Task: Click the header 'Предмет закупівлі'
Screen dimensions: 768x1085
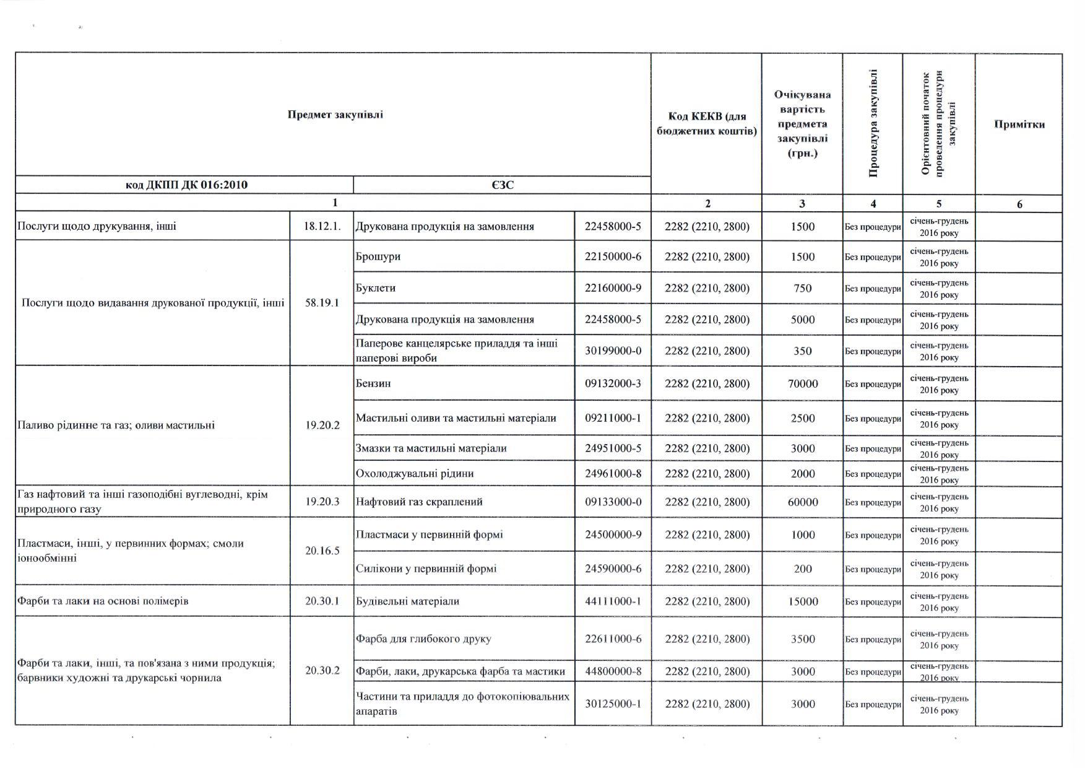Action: (335, 115)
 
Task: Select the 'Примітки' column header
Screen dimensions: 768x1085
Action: (1019, 124)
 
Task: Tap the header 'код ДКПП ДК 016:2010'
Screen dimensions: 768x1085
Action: (186, 185)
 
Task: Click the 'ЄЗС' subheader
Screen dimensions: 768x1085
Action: (503, 185)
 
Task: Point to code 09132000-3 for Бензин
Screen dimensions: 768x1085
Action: (613, 383)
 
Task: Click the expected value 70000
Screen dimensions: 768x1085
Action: (802, 384)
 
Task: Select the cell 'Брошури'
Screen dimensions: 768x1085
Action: (378, 256)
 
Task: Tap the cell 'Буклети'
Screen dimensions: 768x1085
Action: (376, 288)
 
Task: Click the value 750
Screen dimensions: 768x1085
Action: (802, 289)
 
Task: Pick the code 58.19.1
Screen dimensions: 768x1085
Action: (322, 303)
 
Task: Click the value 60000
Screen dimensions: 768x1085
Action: (802, 502)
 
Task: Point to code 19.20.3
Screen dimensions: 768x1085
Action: (322, 502)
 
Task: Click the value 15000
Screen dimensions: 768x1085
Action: (802, 601)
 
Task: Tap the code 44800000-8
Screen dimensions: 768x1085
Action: (613, 671)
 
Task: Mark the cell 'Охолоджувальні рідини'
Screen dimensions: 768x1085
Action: (415, 473)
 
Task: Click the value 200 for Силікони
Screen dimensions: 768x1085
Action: (802, 569)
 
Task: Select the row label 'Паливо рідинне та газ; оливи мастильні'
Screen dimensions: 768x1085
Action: (116, 425)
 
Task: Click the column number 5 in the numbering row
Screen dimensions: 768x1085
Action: (938, 204)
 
